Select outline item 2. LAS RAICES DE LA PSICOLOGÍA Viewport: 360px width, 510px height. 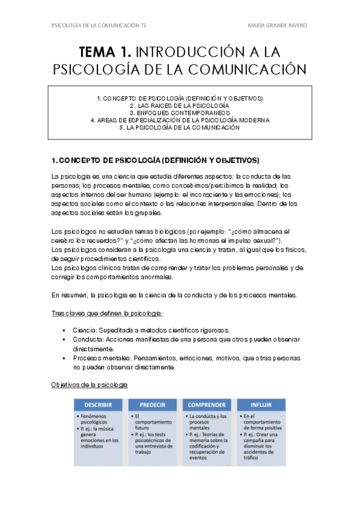tap(180, 105)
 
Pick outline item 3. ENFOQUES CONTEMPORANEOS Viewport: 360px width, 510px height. tap(180, 112)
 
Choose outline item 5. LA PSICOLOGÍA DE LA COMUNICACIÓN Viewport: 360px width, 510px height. tap(180, 127)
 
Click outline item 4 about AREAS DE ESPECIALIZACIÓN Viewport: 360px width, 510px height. tap(180, 120)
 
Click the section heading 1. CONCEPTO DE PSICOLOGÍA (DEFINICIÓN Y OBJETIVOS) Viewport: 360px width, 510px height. tap(156, 160)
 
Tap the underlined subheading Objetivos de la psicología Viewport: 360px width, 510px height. tap(89, 384)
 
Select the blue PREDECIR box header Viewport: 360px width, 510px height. tap(154, 405)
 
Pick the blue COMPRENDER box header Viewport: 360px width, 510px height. tap(207, 405)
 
